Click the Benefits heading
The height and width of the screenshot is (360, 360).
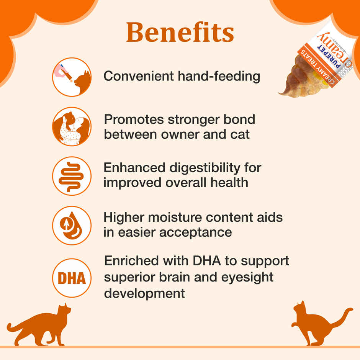pos(180,32)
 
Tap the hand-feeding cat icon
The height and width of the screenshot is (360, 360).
pos(72,77)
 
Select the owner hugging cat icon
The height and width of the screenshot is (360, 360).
pos(72,126)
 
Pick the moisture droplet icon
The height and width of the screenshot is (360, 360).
pos(72,226)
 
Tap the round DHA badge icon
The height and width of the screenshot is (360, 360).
pos(72,278)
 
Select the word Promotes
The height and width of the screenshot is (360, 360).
pos(134,119)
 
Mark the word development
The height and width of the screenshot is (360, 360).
pos(144,293)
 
